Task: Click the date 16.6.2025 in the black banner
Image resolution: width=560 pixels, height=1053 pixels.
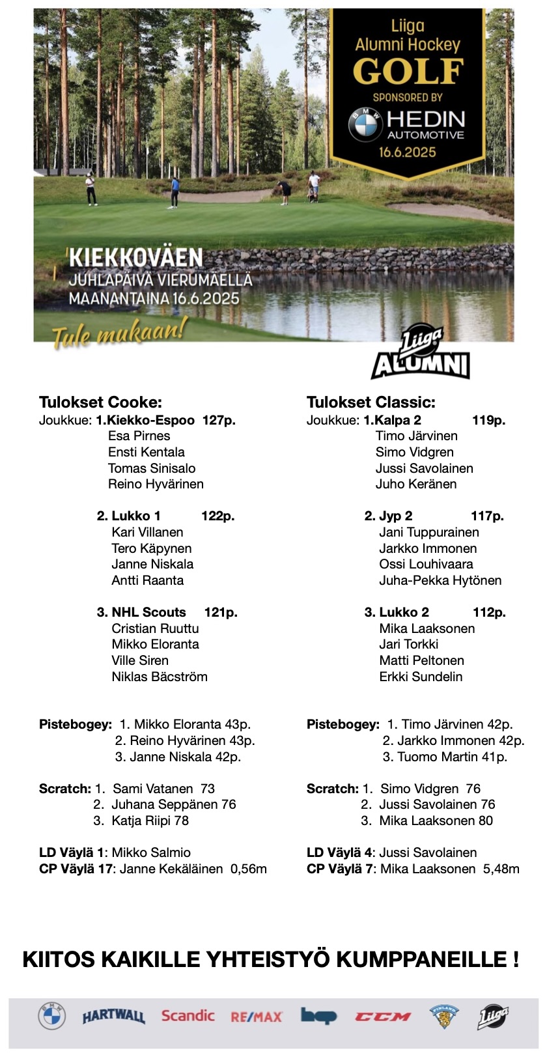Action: coord(408,152)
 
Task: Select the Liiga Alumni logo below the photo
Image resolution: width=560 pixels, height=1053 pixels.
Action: coord(421,355)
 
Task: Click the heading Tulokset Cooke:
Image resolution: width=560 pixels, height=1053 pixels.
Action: coord(100,402)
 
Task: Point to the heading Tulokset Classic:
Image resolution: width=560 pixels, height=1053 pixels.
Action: coord(371,402)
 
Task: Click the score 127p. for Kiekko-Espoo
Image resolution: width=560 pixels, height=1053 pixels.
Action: coord(219,420)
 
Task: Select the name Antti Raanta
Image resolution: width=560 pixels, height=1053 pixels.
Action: coord(148,580)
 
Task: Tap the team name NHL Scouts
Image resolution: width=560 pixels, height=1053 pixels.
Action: coord(148,612)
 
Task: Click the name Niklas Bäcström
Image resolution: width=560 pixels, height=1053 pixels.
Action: coord(160,677)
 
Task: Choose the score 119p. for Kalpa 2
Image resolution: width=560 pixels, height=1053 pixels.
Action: coord(488,420)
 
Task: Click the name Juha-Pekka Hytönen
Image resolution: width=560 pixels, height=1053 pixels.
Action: coord(440,580)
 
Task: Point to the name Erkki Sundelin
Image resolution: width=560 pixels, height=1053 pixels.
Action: coord(421,677)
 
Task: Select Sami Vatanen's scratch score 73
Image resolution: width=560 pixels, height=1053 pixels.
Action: coord(208,789)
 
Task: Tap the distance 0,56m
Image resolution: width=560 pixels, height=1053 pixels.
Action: coord(249,869)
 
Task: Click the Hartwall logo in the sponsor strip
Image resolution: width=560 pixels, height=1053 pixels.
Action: coord(113,1017)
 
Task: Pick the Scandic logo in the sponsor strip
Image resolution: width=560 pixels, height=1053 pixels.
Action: coord(188,1016)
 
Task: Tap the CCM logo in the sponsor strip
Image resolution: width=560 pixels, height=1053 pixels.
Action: coord(382,1017)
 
